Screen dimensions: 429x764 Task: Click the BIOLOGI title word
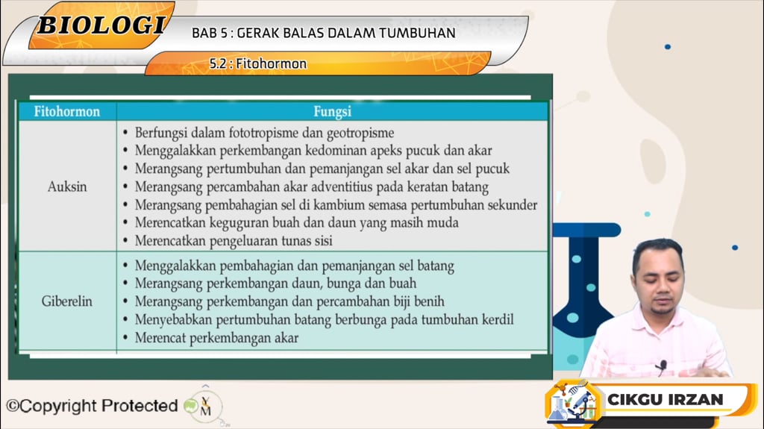coord(101,25)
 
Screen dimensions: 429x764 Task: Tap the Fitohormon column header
coord(67,112)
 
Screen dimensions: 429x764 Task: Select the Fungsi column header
coord(332,112)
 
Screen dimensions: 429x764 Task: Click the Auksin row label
coord(67,187)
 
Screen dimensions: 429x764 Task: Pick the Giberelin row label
coord(67,302)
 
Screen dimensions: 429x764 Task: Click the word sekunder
coord(507,204)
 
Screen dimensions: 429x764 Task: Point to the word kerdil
coord(495,320)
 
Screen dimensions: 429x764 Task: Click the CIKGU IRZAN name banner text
coord(665,399)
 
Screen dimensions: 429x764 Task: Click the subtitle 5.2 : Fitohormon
coord(258,64)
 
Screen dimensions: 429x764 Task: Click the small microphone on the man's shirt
coord(661,365)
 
